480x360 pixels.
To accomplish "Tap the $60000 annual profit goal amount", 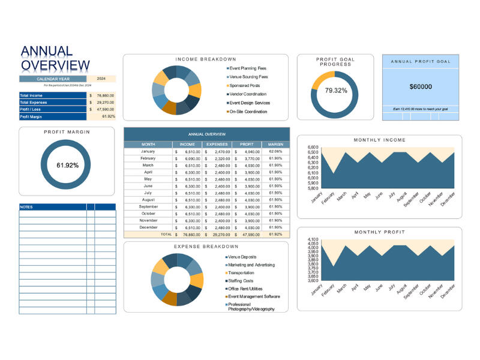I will coord(421,86).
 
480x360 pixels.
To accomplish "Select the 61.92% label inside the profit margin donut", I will coord(67,165).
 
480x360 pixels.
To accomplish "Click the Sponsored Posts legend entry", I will coord(245,85).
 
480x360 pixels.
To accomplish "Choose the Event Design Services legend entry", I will coord(249,103).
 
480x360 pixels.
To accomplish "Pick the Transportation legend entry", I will coord(241,272).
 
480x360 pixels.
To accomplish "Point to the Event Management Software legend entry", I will coord(254,296).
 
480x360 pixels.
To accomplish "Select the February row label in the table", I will coord(148,158).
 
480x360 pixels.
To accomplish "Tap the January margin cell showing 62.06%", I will coord(275,151).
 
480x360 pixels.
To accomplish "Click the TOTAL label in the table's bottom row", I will coord(166,235).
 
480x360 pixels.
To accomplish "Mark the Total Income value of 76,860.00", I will coord(105,95).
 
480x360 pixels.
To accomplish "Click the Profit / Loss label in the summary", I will coord(32,109).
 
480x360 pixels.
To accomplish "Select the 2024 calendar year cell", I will coord(101,79).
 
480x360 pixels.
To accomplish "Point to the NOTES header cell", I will coord(27,207).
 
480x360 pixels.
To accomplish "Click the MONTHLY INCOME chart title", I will coord(379,140).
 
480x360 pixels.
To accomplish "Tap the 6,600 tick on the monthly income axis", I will coord(312,147).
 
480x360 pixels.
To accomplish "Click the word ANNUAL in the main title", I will coord(47,52).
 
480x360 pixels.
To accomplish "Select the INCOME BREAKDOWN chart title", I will coord(206,59).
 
